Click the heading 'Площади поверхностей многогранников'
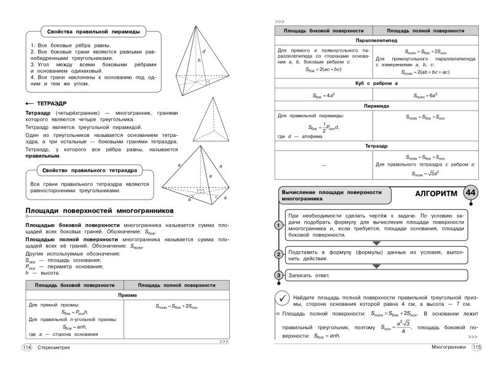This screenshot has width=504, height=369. click(100, 211)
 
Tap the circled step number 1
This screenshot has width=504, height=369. click(278, 225)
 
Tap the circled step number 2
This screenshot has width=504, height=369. click(278, 254)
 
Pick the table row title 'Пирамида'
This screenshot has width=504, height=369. click(374, 106)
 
